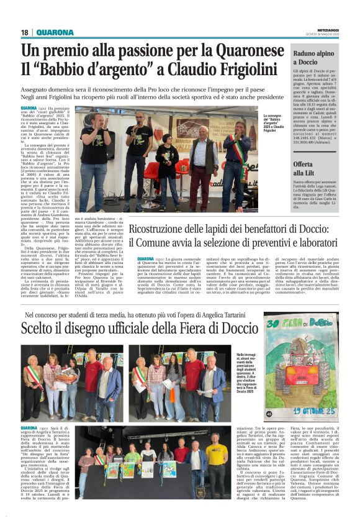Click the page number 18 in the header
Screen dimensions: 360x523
click(25, 32)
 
